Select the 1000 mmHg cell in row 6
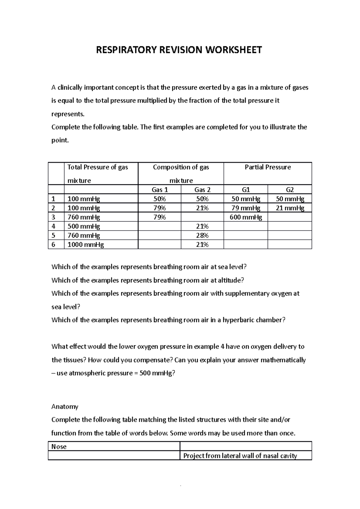tap(85, 245)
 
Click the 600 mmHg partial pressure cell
tap(245, 217)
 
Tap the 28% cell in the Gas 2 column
tap(202, 235)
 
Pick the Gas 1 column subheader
tap(160, 189)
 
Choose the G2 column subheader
tap(289, 189)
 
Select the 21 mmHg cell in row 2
tap(289, 208)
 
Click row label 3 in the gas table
tap(53, 217)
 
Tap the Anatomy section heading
tap(65, 407)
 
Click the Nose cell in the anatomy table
tap(59, 447)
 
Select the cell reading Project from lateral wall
tap(240, 456)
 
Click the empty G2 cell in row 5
tap(289, 235)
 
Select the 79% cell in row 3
tap(160, 217)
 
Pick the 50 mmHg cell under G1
tap(245, 199)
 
